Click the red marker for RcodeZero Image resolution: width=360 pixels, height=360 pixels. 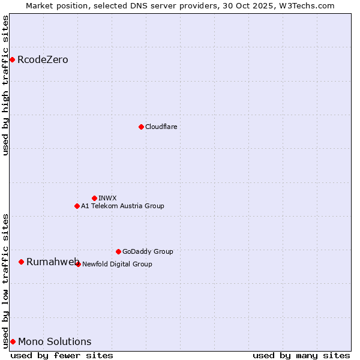12,59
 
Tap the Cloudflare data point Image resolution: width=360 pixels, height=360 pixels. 141,127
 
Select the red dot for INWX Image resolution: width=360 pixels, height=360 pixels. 94,198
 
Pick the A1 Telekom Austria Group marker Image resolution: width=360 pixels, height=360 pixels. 77,206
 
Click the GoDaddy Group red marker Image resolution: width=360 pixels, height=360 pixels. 118,251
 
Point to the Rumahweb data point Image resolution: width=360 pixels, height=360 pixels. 21,262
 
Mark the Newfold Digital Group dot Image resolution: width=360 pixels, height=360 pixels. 78,264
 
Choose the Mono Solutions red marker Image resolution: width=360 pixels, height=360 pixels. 13,341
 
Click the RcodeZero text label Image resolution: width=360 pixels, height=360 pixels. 43,59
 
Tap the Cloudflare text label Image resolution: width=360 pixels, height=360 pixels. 161,127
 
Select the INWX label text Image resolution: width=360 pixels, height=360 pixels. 107,198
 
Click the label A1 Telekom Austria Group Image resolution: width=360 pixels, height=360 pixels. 122,206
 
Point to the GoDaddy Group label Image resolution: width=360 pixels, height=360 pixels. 148,251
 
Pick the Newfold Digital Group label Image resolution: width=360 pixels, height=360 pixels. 117,264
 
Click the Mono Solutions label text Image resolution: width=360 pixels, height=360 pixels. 55,341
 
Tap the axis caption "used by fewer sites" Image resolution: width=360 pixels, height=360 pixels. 62,355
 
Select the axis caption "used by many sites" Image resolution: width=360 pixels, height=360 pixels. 301,355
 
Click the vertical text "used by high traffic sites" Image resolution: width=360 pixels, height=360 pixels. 5,85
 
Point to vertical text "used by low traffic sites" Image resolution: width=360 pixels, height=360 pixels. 5,280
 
